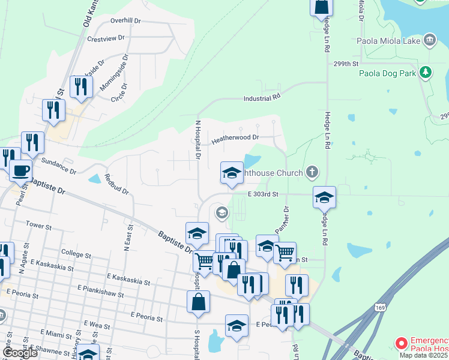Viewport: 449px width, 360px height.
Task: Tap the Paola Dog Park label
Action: (x=387, y=74)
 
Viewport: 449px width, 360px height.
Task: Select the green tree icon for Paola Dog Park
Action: (x=426, y=73)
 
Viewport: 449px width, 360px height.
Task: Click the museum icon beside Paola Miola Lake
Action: (x=429, y=40)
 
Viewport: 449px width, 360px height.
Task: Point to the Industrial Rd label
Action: (x=262, y=97)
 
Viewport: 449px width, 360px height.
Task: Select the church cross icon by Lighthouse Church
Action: (x=311, y=173)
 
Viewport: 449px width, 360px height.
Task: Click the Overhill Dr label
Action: (x=125, y=20)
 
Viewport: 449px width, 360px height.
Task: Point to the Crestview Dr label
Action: (x=105, y=38)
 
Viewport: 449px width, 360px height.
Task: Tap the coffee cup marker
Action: (x=20, y=171)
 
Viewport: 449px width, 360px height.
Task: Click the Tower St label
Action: (x=40, y=224)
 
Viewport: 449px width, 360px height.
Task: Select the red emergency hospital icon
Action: (x=400, y=344)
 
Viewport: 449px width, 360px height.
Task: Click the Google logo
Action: (x=20, y=353)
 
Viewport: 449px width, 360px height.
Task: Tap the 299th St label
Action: (x=346, y=64)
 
